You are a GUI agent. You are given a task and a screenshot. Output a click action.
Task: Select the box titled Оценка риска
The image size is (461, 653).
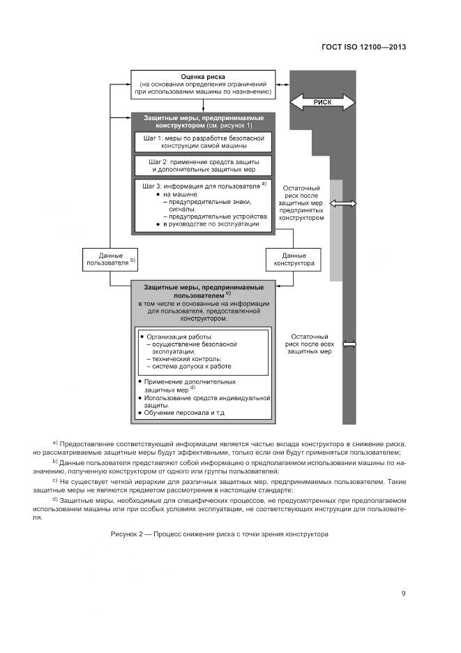(202, 85)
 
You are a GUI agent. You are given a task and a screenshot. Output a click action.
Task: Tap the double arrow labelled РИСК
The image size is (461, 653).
(322, 103)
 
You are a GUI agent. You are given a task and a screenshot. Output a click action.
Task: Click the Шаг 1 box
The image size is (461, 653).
(202, 142)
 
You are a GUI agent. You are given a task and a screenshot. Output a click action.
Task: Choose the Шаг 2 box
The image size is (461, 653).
(202, 166)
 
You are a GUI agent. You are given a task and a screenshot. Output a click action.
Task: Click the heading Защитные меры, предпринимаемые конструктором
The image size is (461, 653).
(202, 122)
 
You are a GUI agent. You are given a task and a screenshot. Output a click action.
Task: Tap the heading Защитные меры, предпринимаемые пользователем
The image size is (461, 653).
(202, 291)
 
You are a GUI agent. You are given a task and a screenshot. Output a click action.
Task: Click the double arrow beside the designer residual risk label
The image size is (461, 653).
(343, 203)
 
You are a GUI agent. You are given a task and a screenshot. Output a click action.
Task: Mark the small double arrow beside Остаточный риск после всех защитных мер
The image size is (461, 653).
(349, 344)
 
